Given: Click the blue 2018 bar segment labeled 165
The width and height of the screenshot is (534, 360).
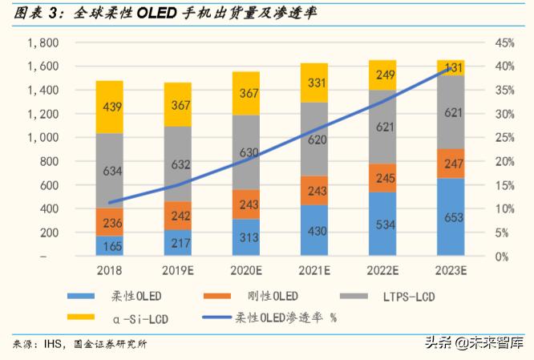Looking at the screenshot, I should pos(109,245).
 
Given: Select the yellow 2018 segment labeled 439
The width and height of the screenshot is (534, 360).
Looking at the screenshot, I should pos(109,107).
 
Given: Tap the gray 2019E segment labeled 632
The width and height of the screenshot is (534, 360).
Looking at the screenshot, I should pos(178,165).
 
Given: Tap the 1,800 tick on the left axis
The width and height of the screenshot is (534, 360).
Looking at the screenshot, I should pos(42,42).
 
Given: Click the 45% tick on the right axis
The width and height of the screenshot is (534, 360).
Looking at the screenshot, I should pos(504,42).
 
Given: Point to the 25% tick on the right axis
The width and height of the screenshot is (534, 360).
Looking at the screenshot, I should pos(504,137).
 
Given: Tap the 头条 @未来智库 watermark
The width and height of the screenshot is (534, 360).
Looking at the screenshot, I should pos(476,342).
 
